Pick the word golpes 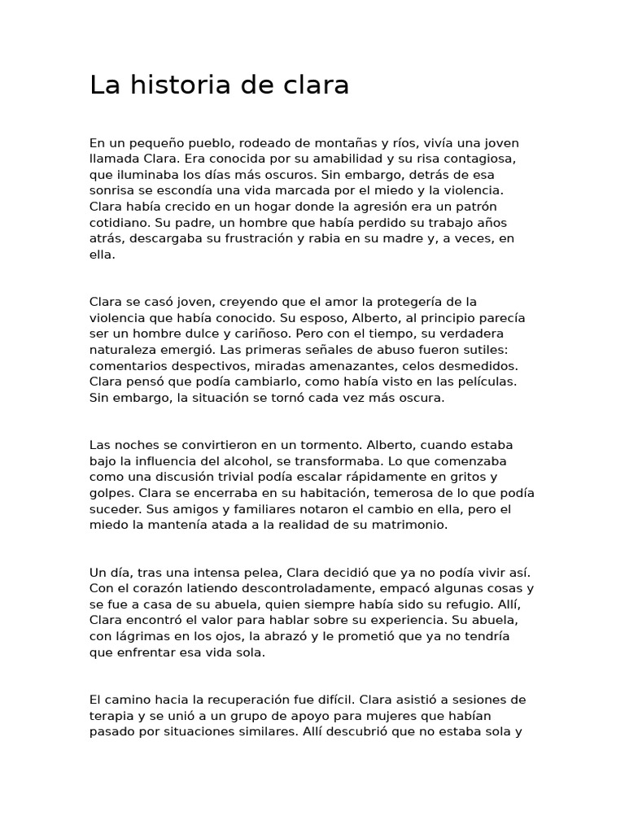pyautogui.click(x=111, y=493)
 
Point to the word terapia pyautogui.click(x=111, y=716)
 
